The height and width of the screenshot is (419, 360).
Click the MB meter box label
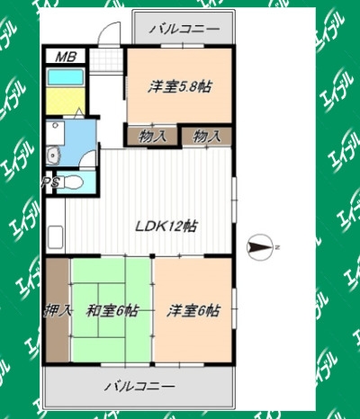click(66, 57)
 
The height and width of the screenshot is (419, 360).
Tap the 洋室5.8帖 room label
click(179, 87)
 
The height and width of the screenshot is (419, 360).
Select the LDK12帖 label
click(166, 226)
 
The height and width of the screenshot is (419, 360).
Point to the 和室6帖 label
click(112, 310)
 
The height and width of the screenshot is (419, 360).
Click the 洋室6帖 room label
click(193, 310)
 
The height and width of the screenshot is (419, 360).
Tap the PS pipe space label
click(51, 182)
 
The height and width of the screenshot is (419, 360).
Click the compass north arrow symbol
click(260, 247)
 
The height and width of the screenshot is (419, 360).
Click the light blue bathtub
click(66, 77)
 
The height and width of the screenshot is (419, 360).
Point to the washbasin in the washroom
click(54, 156)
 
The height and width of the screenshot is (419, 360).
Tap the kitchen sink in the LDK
click(56, 236)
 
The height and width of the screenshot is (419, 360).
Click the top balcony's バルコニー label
click(184, 30)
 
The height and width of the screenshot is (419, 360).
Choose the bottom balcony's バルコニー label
click(139, 386)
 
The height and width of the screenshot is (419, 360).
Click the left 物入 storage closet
click(152, 137)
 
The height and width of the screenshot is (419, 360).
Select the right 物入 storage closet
click(207, 137)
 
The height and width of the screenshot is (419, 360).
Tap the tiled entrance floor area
click(106, 60)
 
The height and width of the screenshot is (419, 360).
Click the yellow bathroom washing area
click(66, 101)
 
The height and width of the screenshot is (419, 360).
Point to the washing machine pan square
click(55, 133)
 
